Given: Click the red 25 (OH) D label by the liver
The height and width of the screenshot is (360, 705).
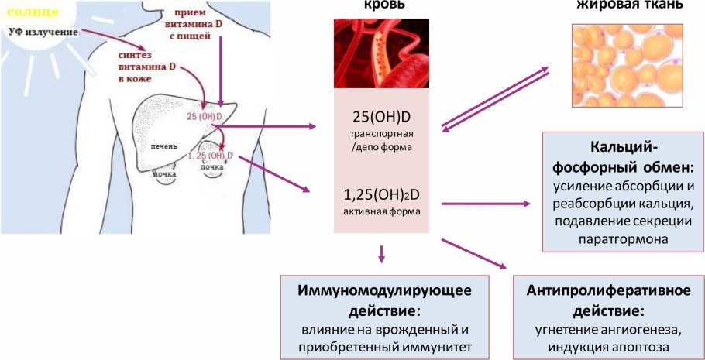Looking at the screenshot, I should (x=204, y=117).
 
